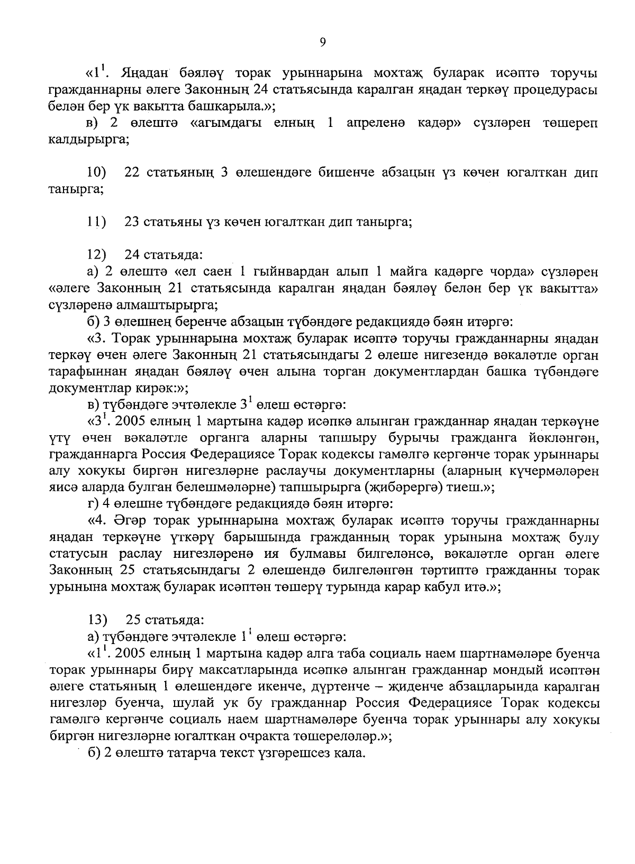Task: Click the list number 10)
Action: [96, 173]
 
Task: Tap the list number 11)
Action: [96, 222]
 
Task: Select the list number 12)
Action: [96, 255]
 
